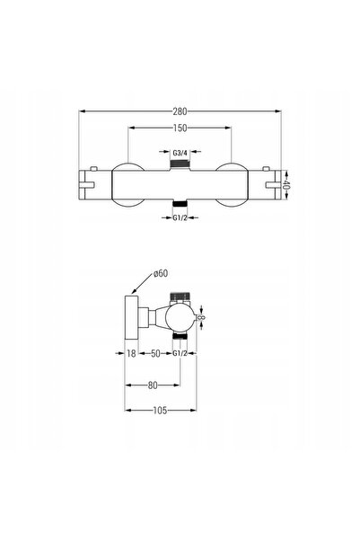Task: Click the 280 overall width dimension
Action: coord(180,111)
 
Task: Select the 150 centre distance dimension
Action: coord(180,128)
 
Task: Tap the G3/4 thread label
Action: coord(180,153)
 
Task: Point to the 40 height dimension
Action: coord(287,184)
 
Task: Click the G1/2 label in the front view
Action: coord(180,217)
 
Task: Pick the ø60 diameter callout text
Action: coord(161,273)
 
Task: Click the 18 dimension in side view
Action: coord(131,353)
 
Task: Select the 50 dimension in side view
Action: coord(155,353)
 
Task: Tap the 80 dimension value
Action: coord(153,385)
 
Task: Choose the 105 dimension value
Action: coord(160,410)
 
